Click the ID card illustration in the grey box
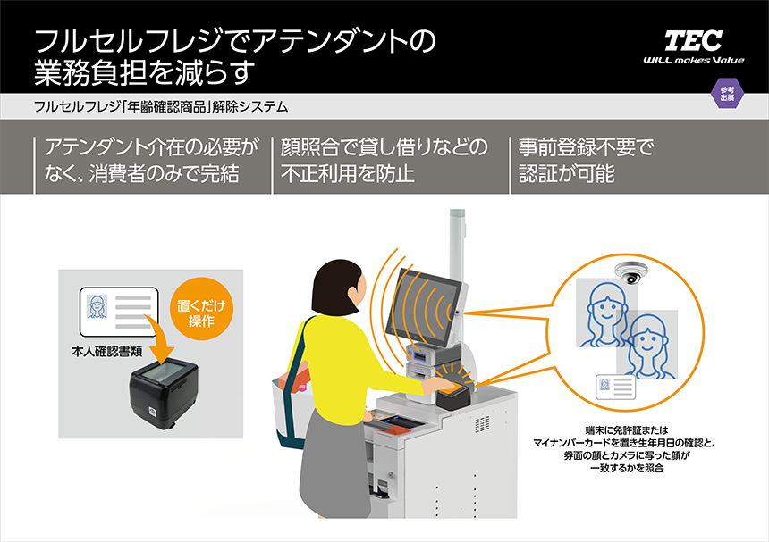[x=119, y=309]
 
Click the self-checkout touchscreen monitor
[x=428, y=304]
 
